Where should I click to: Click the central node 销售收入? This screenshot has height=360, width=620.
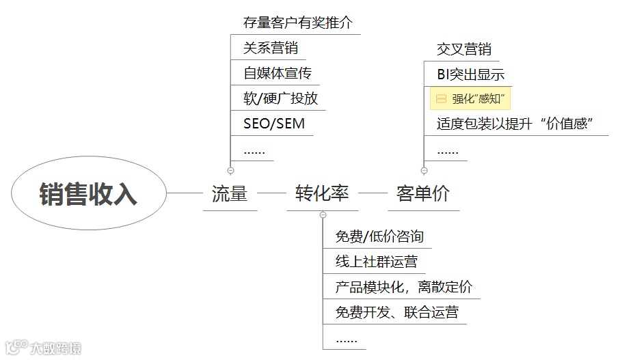point(88,193)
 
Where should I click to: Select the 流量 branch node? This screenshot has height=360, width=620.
point(229,193)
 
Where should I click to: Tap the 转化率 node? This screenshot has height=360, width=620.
point(322,193)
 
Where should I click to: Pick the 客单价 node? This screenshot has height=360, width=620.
point(423,193)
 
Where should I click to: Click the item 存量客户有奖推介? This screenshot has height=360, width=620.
point(298,23)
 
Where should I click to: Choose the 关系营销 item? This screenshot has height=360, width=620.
point(271,48)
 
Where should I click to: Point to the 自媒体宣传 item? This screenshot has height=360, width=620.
point(278,73)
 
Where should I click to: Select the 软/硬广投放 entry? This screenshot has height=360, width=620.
point(281,98)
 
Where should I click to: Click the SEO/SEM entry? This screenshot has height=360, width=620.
point(274,124)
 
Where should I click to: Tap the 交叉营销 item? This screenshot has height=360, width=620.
point(463,49)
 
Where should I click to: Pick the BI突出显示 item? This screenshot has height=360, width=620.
point(470,74)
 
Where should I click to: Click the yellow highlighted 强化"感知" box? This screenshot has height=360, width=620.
point(470,99)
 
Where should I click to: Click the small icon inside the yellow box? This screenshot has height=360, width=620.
point(441,99)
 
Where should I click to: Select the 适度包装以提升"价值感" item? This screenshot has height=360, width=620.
point(514,124)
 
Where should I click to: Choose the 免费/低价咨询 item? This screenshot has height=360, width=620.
point(379,236)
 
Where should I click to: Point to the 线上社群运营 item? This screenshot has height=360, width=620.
point(376,262)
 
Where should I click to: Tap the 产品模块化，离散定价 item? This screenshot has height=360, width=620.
point(403,288)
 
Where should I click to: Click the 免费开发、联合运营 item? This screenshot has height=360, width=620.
point(396,313)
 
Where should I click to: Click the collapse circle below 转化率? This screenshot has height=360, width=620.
point(323,215)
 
